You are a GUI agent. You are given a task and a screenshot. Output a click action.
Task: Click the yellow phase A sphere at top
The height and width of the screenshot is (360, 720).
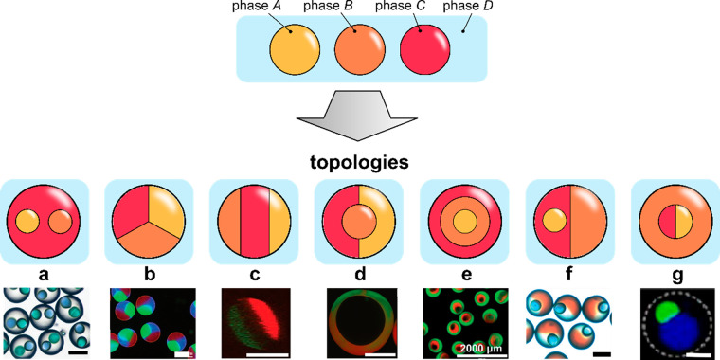click(x=295, y=49)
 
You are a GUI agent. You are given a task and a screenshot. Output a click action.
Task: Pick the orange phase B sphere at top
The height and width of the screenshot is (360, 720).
click(x=361, y=49)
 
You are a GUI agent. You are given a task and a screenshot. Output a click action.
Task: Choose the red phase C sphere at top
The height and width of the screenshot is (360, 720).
click(x=426, y=49)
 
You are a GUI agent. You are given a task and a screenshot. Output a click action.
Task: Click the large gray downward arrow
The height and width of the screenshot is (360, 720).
click(x=361, y=112)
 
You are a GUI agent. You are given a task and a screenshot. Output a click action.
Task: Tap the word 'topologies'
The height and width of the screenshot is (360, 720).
click(x=361, y=162)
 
